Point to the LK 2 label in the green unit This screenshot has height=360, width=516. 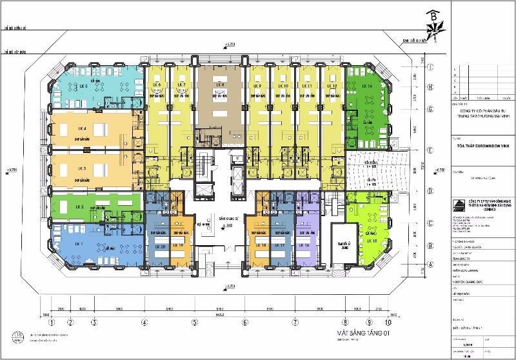81,206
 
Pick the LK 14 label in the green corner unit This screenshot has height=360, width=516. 368,86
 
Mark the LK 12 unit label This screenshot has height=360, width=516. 333,86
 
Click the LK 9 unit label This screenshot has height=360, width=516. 257,86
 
